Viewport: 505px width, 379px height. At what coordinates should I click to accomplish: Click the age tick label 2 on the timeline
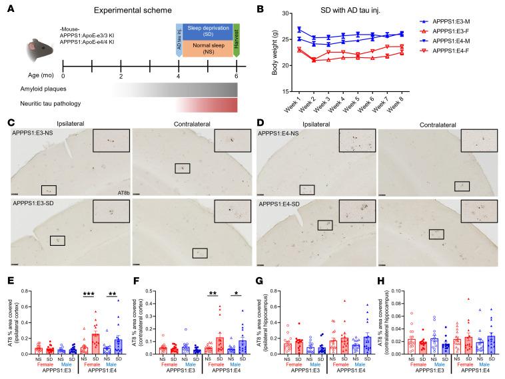(x=121, y=76)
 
